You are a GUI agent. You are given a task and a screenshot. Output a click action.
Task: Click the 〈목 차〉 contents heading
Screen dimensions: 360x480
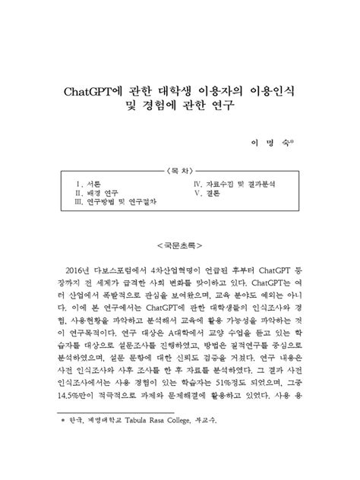point(180,171)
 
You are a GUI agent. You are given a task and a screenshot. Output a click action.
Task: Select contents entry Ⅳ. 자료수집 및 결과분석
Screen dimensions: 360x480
point(238,184)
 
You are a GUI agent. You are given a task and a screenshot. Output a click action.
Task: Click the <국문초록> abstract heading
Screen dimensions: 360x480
point(180,246)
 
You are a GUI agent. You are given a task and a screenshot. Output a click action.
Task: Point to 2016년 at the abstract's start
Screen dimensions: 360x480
point(79,271)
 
